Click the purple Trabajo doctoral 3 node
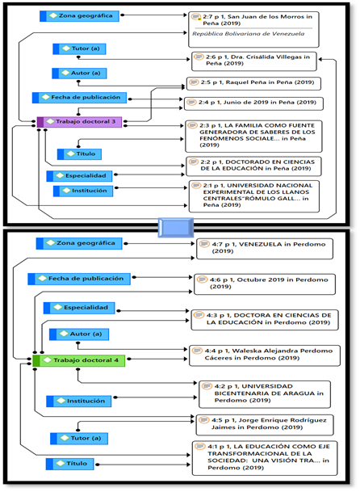tap(79, 122)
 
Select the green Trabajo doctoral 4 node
tap(79, 360)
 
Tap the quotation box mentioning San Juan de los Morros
tap(253, 30)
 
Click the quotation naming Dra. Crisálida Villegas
tap(254, 61)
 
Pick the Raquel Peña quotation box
tap(253, 83)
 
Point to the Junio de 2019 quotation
tap(253, 103)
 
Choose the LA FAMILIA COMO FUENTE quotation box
tap(253, 137)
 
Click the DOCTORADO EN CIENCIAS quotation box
tap(253, 166)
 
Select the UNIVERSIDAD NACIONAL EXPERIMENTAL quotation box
tap(254, 196)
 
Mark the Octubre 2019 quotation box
tap(265, 284)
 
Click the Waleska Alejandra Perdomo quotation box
tap(265, 355)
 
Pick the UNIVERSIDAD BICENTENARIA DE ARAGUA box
tap(265, 394)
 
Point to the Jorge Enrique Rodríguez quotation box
tap(265, 425)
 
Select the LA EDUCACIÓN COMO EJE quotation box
tap(265, 458)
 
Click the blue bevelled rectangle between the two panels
tap(176, 228)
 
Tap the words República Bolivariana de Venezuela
tap(249, 34)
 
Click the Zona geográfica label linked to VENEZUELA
tap(79, 243)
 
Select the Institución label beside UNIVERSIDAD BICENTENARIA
tap(79, 402)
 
